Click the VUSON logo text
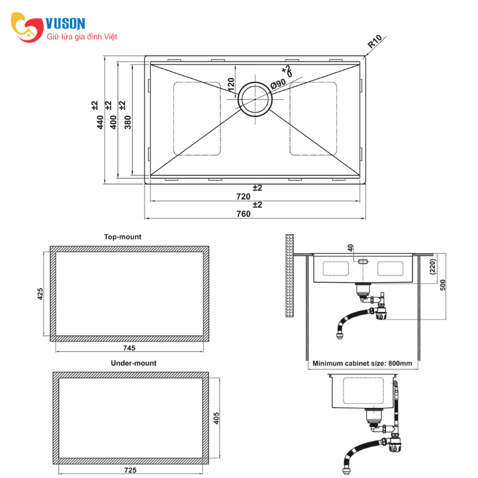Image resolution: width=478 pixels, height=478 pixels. [x=65, y=23]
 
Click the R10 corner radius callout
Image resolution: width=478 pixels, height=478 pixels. [x=375, y=41]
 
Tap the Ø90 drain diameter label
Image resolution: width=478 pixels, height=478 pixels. [x=278, y=83]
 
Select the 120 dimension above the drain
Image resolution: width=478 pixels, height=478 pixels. [x=231, y=85]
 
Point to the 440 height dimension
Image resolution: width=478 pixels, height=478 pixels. [x=100, y=122]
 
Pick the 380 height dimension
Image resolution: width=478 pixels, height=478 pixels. [x=128, y=122]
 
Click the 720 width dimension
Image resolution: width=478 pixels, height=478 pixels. [x=243, y=197]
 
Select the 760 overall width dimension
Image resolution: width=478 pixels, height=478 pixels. [x=244, y=214]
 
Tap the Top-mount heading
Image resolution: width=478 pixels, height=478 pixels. [x=122, y=237]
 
